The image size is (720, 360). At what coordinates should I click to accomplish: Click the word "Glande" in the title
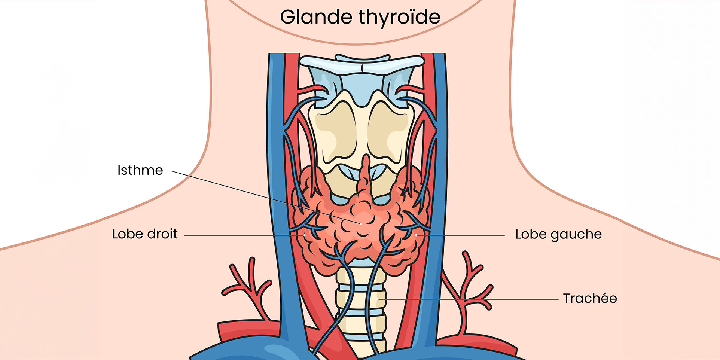(x=316, y=17)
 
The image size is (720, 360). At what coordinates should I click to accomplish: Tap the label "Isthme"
(x=140, y=170)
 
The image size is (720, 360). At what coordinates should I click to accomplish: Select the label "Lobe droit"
(x=144, y=234)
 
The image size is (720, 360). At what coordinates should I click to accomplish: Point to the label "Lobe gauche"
(x=558, y=234)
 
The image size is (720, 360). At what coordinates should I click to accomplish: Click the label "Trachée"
(x=590, y=298)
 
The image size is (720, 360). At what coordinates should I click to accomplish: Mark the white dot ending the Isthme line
(x=361, y=224)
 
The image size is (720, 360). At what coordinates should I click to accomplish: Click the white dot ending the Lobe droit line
(x=304, y=235)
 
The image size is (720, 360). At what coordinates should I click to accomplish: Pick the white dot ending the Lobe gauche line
(x=416, y=235)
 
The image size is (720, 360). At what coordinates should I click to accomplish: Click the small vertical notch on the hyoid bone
(x=362, y=69)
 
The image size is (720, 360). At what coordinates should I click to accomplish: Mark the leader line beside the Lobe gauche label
(x=464, y=235)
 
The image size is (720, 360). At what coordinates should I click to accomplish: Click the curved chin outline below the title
(x=359, y=43)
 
